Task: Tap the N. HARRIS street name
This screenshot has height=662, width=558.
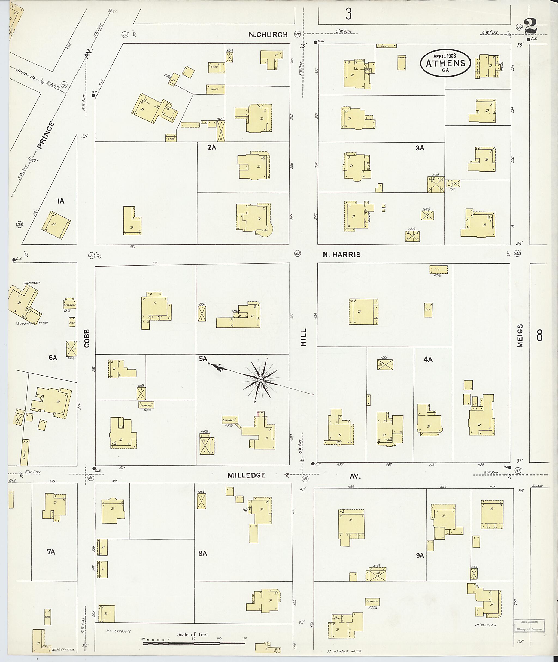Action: pyautogui.click(x=342, y=255)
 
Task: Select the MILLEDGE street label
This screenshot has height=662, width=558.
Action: pyautogui.click(x=246, y=475)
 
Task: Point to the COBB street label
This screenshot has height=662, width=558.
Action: pyautogui.click(x=87, y=338)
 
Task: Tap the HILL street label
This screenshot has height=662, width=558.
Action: pyautogui.click(x=304, y=337)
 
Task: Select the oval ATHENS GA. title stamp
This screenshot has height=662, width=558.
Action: pyautogui.click(x=445, y=63)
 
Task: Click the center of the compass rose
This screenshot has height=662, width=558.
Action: pyautogui.click(x=260, y=380)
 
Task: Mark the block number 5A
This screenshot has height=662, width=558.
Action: pyautogui.click(x=203, y=359)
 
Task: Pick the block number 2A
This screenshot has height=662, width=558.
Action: pyautogui.click(x=212, y=147)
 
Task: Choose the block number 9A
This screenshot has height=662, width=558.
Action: pyautogui.click(x=420, y=555)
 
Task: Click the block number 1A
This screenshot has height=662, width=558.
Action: pyautogui.click(x=60, y=201)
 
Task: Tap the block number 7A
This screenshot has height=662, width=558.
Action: pyautogui.click(x=51, y=552)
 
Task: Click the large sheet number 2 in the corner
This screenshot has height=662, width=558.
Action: pyautogui.click(x=531, y=26)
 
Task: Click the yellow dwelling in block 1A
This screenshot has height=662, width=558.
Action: pyautogui.click(x=56, y=225)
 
